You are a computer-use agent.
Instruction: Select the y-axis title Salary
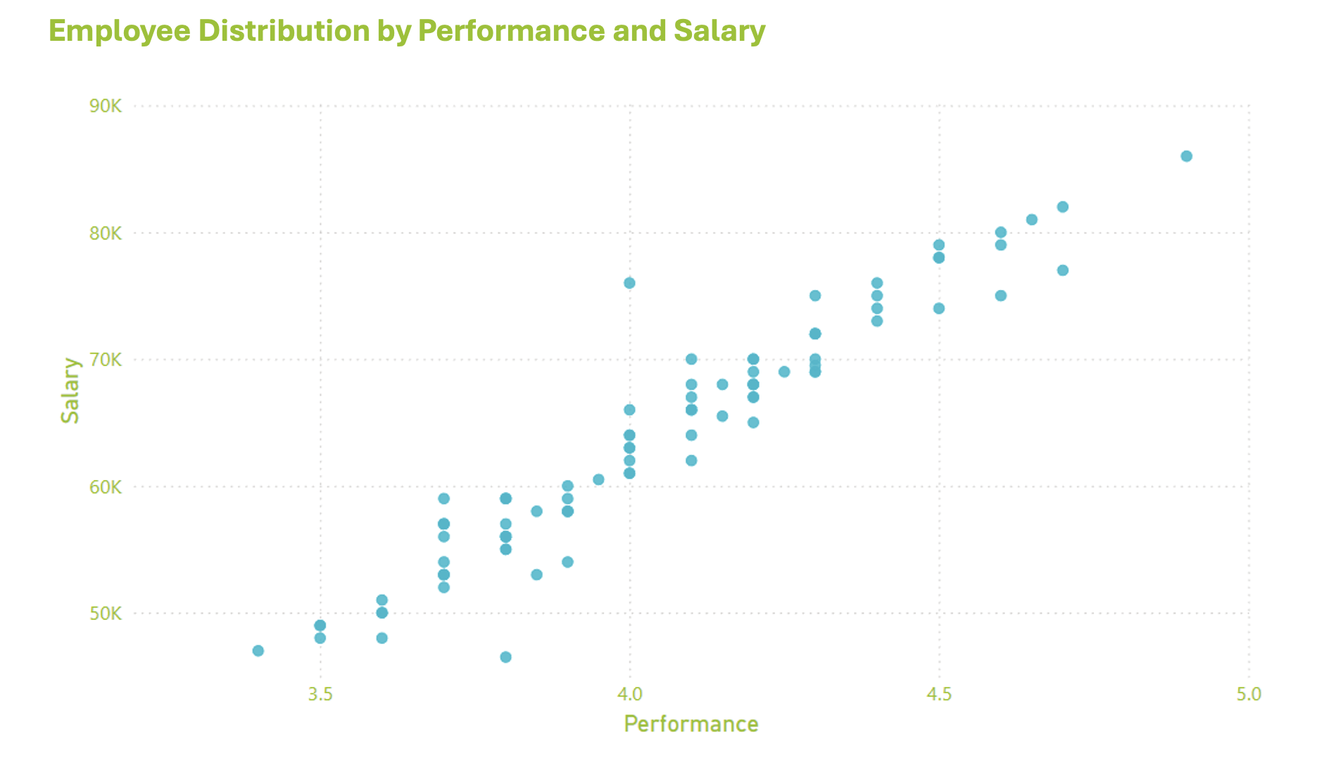click(70, 390)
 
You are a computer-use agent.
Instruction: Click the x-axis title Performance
click(691, 724)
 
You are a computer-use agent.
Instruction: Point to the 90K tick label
click(106, 106)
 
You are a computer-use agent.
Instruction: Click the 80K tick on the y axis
click(106, 233)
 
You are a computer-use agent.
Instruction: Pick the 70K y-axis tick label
click(106, 360)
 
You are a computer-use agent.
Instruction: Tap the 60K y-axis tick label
click(106, 486)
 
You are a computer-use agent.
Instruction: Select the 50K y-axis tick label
click(106, 613)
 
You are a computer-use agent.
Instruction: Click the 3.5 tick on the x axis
click(320, 695)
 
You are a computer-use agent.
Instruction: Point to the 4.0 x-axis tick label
click(629, 695)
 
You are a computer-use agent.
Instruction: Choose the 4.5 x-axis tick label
click(939, 695)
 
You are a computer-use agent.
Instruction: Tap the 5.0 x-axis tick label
click(1249, 695)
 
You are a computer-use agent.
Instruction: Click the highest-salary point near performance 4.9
click(1186, 156)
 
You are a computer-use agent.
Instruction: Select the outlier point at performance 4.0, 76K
click(629, 283)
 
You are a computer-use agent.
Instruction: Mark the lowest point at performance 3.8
click(505, 657)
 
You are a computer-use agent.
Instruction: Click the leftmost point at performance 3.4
click(258, 650)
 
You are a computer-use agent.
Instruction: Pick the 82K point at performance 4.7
click(1063, 207)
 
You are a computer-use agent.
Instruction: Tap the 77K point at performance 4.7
click(1063, 270)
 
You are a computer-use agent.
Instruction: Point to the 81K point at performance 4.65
click(1032, 220)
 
